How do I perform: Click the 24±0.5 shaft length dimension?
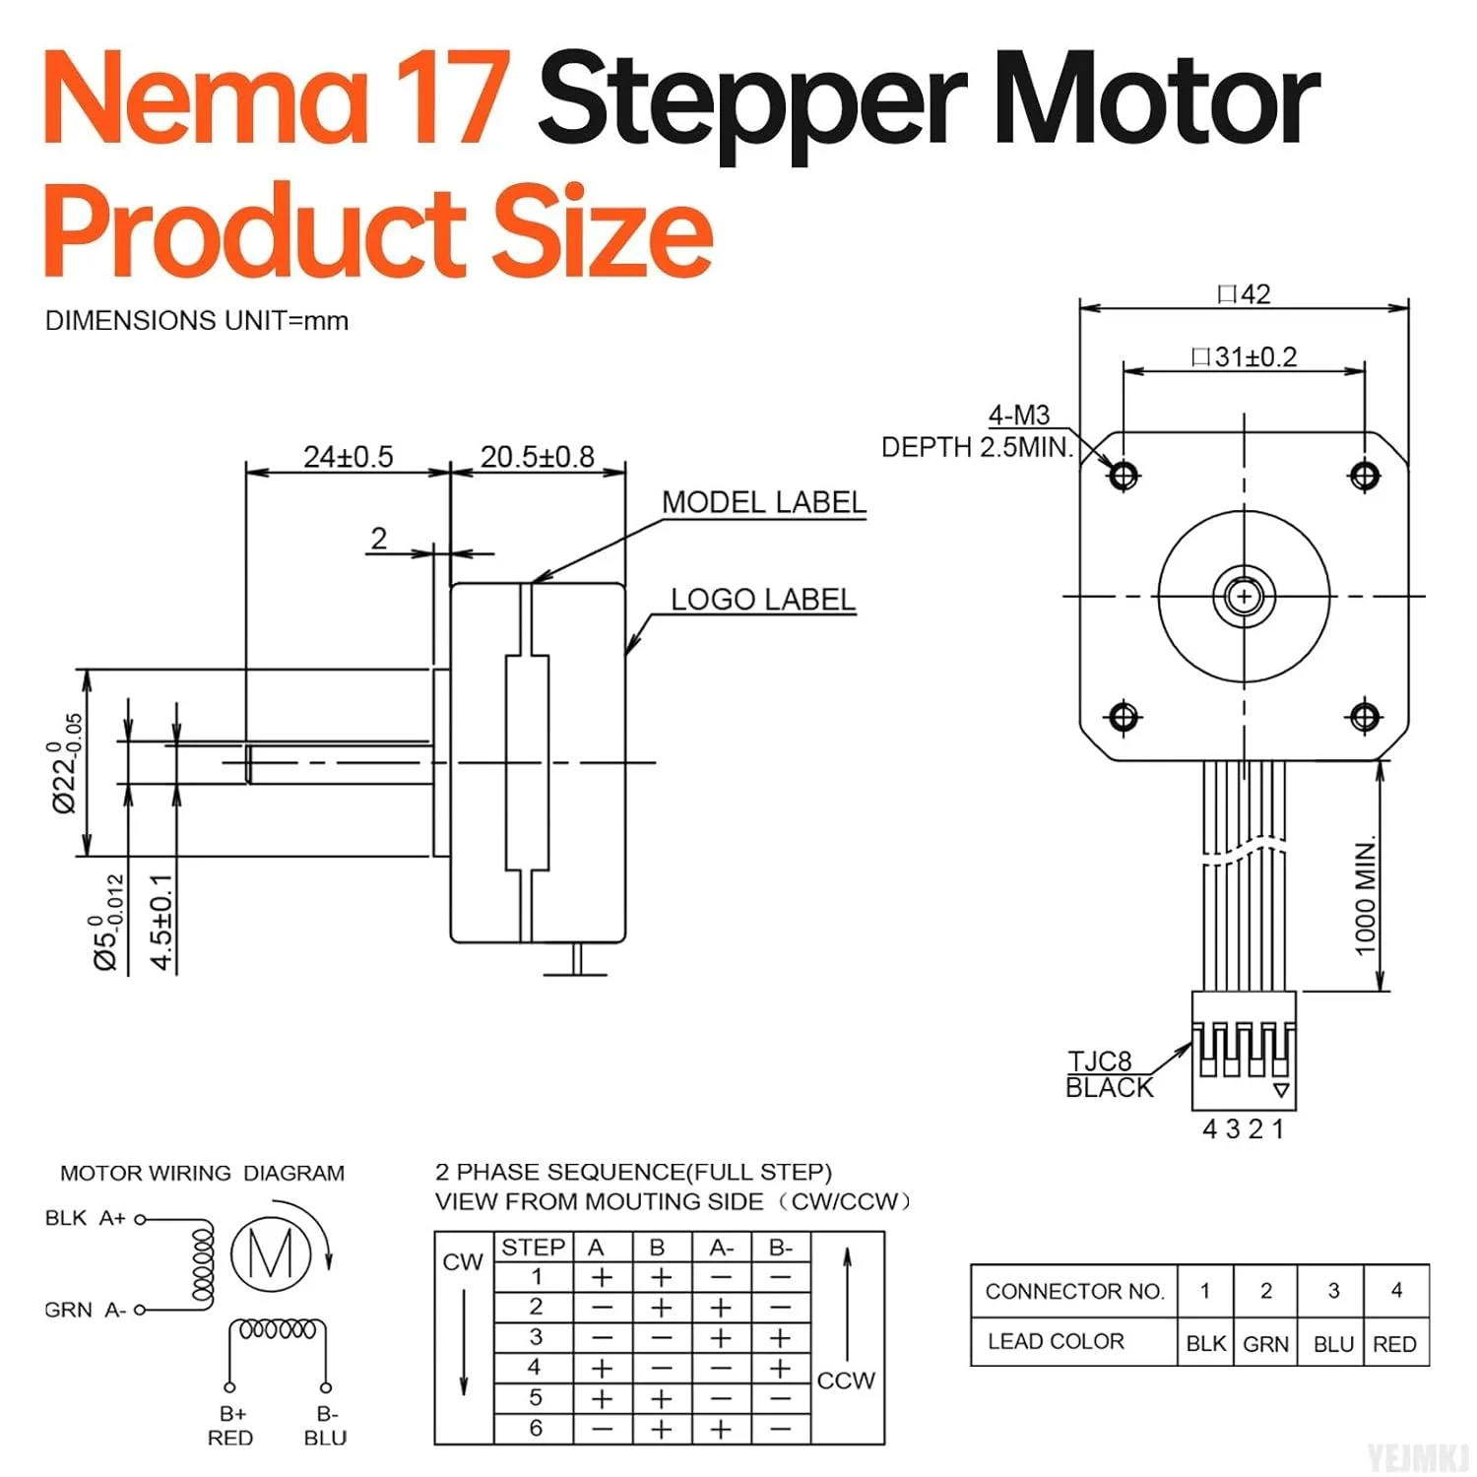pyautogui.click(x=348, y=457)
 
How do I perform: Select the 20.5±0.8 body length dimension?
pyautogui.click(x=537, y=457)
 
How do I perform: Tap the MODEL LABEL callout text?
pyautogui.click(x=763, y=502)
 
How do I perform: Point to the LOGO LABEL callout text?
pyautogui.click(x=762, y=600)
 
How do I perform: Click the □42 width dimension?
pyautogui.click(x=1244, y=293)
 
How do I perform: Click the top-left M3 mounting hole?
pyautogui.click(x=1124, y=476)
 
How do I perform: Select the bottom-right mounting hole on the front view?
pyautogui.click(x=1364, y=717)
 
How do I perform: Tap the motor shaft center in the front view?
pyautogui.click(x=1244, y=597)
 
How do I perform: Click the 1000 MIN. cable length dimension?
pyautogui.click(x=1365, y=896)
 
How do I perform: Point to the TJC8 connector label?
pyautogui.click(x=1100, y=1061)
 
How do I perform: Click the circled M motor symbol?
pyautogui.click(x=271, y=1253)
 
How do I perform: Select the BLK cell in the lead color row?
pyautogui.click(x=1205, y=1343)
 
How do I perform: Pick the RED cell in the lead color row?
pyautogui.click(x=1394, y=1343)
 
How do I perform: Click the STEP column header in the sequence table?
pyautogui.click(x=533, y=1247)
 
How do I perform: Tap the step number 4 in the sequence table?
pyautogui.click(x=535, y=1367)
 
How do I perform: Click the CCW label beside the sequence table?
pyautogui.click(x=846, y=1380)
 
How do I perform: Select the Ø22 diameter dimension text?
pyautogui.click(x=66, y=763)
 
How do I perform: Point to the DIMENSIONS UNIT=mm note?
pyautogui.click(x=197, y=321)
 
